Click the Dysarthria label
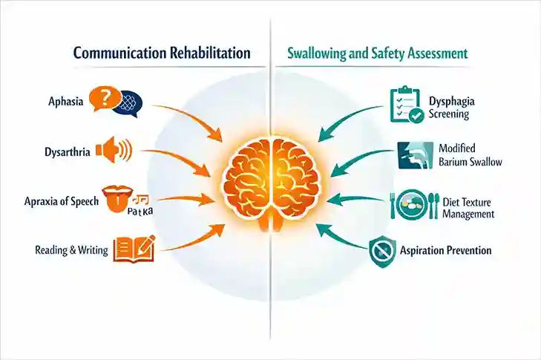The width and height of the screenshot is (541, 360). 68,152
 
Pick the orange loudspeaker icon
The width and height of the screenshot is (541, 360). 114,149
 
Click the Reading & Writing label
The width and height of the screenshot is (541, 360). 72,250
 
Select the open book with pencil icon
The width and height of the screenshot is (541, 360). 134,249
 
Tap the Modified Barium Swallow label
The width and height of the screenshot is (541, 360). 468,155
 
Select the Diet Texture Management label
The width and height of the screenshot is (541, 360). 468,208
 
